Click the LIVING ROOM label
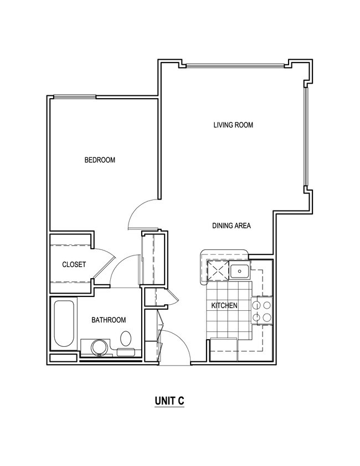(233, 125)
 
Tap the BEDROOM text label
(100, 160)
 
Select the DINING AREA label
(232, 226)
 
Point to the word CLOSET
(74, 264)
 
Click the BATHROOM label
(109, 320)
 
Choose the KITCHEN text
(224, 305)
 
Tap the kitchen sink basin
(239, 272)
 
